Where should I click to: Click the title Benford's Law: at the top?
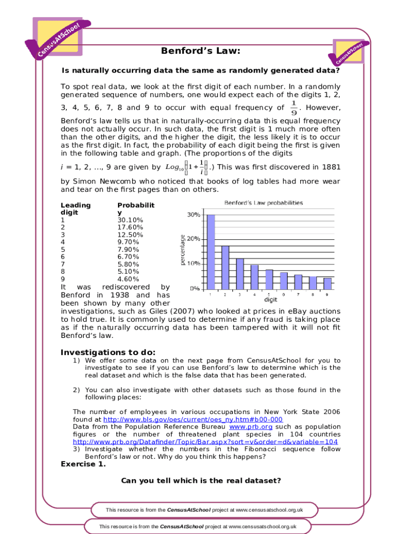click(x=201, y=51)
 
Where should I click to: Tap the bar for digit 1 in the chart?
click(x=211, y=251)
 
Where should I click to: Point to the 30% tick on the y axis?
click(x=193, y=214)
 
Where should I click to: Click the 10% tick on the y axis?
click(x=193, y=263)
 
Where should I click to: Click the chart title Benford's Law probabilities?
click(x=264, y=203)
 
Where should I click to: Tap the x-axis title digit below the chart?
click(x=270, y=300)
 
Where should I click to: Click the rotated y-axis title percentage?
click(x=183, y=250)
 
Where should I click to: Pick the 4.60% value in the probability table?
click(x=128, y=279)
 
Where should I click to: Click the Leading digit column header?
click(x=76, y=209)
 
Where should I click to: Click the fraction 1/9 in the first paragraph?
click(x=294, y=108)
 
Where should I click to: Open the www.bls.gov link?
click(x=193, y=419)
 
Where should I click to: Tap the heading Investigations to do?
click(x=108, y=352)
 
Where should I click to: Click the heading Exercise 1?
click(x=84, y=464)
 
